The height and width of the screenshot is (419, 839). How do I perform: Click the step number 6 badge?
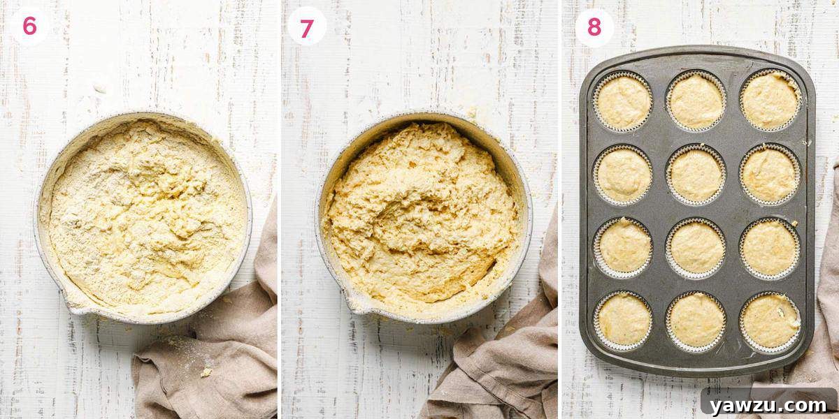click(x=29, y=26)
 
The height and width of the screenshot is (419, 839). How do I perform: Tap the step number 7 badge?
click(x=307, y=29)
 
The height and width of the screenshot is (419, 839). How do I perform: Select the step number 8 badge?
click(x=594, y=27)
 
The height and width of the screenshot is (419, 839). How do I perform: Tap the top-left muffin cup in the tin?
click(x=623, y=102)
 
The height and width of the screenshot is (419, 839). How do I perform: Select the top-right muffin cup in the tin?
click(x=770, y=101)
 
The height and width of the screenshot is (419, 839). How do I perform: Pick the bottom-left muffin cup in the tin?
click(x=624, y=320)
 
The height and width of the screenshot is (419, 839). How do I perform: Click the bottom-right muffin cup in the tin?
click(x=770, y=320)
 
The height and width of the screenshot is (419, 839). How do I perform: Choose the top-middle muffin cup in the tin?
click(x=696, y=101)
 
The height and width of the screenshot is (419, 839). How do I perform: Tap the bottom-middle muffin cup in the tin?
click(x=696, y=321)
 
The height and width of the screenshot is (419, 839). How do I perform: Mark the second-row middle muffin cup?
click(x=696, y=175)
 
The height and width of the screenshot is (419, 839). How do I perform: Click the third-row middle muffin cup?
click(x=696, y=247)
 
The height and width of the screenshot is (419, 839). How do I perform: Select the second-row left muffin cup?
click(x=624, y=175)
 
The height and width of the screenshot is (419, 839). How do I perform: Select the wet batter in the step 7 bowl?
click(x=423, y=209)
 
